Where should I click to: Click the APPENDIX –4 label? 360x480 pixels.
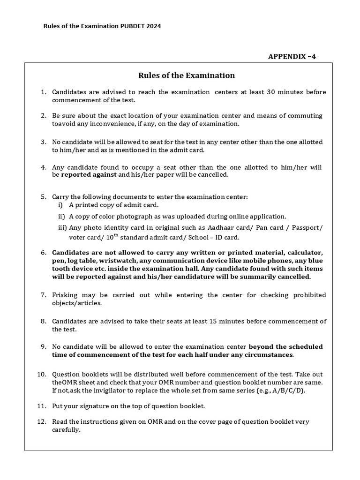coord(292,57)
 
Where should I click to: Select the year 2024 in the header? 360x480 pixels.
coord(154,27)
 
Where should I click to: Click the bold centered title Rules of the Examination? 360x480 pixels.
coord(186,75)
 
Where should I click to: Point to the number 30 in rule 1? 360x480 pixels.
coord(274,92)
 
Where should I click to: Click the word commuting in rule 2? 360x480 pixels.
coord(306,116)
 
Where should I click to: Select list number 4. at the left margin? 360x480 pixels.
coord(43,167)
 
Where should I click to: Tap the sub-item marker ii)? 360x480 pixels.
coord(61,216)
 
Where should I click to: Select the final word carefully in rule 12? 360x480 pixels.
coord(67,429)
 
